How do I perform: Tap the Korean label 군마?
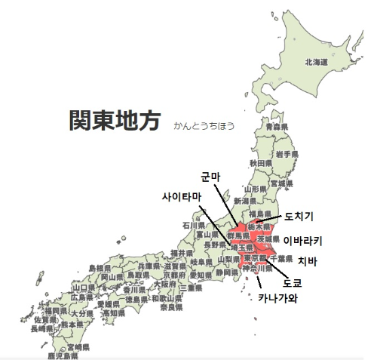click(x=210, y=177)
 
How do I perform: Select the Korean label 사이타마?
click(x=182, y=197)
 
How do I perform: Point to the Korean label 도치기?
click(x=299, y=217)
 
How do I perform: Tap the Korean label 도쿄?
click(x=291, y=283)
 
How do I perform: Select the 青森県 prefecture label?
click(x=277, y=128)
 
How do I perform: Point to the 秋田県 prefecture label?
click(x=259, y=162)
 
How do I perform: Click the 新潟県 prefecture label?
click(x=245, y=202)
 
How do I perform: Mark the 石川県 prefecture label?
click(x=194, y=225)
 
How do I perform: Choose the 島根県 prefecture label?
click(x=100, y=268)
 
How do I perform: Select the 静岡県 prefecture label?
click(x=225, y=273)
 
